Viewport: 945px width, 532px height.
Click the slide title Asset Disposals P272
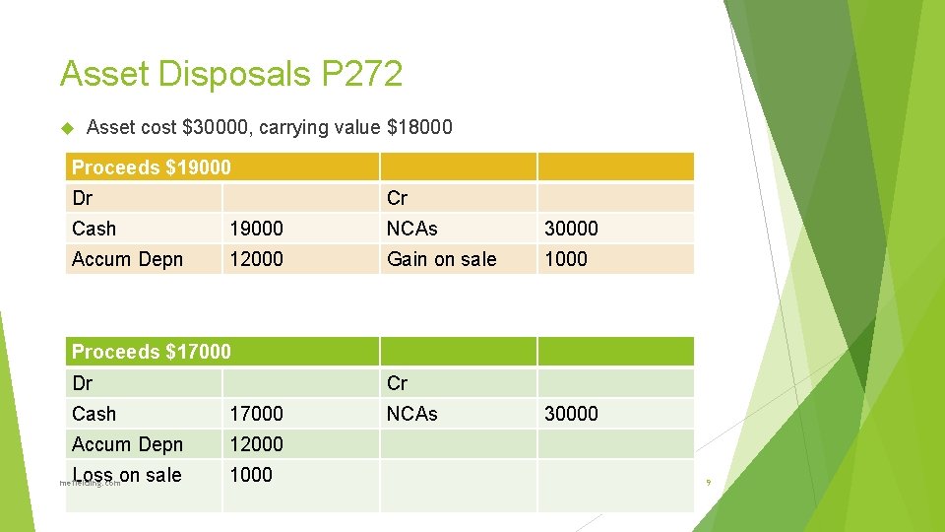pyautogui.click(x=230, y=74)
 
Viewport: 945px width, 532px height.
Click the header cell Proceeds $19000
pyautogui.click(x=152, y=167)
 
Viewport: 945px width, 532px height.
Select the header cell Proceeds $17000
pyautogui.click(x=152, y=352)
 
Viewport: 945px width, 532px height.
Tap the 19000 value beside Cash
pyautogui.click(x=256, y=229)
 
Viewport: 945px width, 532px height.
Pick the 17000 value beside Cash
pyautogui.click(x=256, y=414)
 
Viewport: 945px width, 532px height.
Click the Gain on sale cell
pyautogui.click(x=442, y=259)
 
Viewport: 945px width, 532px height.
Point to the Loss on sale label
pyautogui.click(x=127, y=475)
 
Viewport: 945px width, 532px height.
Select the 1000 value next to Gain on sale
pyautogui.click(x=565, y=259)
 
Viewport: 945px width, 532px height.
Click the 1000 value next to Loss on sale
pyautogui.click(x=251, y=475)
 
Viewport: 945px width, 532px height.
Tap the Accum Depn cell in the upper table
pyautogui.click(x=128, y=259)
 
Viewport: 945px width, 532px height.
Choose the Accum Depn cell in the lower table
pyautogui.click(x=128, y=444)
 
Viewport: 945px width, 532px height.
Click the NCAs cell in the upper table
pyautogui.click(x=412, y=229)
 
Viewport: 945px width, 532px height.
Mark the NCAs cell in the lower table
pyautogui.click(x=412, y=414)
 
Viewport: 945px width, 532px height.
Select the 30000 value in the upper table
pyautogui.click(x=571, y=229)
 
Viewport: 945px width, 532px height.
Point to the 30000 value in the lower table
pyautogui.click(x=571, y=414)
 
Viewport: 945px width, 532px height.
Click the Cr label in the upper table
pyautogui.click(x=397, y=198)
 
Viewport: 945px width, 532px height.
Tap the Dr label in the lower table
pyautogui.click(x=83, y=383)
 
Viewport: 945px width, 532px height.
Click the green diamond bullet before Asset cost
pyautogui.click(x=68, y=127)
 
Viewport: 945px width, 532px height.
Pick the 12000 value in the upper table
pyautogui.click(x=256, y=259)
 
